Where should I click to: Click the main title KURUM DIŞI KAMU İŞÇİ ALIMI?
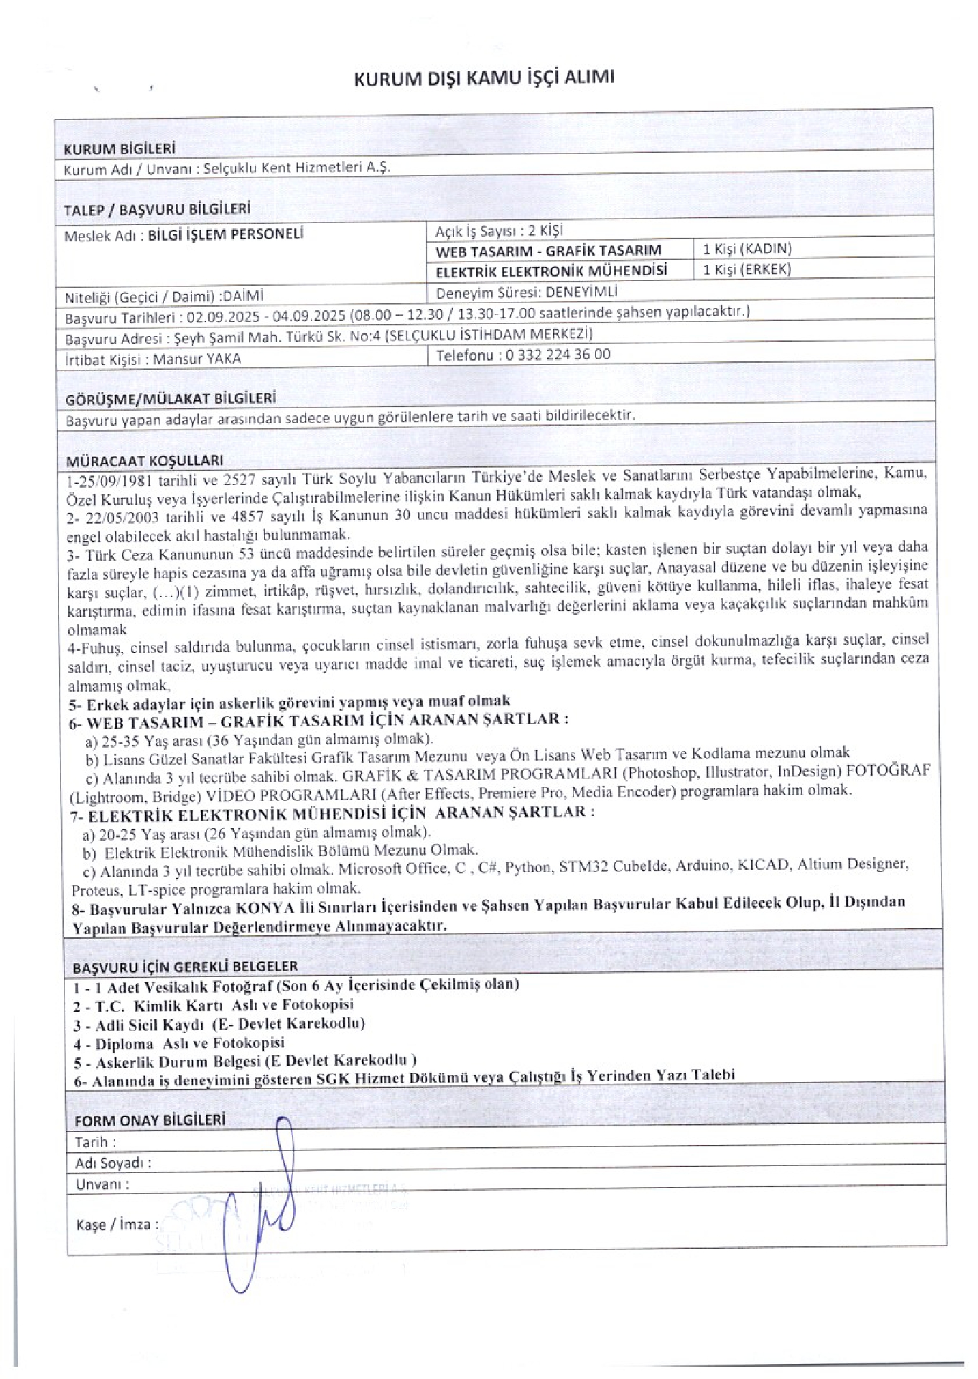point(485,78)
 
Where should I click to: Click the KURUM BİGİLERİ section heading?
point(120,149)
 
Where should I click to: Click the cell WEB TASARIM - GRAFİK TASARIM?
point(549,251)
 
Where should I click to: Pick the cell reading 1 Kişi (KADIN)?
point(747,249)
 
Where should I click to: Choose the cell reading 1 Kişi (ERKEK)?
point(747,269)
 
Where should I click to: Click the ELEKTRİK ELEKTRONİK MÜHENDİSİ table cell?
point(551,271)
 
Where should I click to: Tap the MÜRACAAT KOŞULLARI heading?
point(144,460)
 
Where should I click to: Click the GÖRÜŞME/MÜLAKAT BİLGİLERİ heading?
point(171,399)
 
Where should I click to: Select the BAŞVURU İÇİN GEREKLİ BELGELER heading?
point(185,966)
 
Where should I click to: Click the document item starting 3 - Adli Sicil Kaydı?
point(220,1023)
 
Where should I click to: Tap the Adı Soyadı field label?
point(113,1163)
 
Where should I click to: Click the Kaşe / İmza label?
point(117,1224)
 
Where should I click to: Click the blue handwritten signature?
point(266,1214)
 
